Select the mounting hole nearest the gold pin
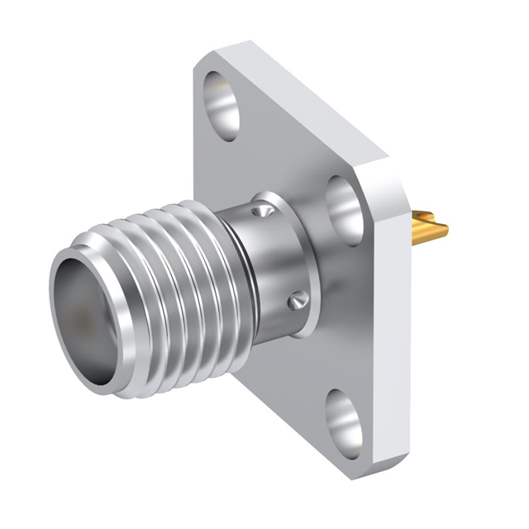tap(343, 206)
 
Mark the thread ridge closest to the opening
tap(124, 248)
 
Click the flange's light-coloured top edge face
tap(306, 99)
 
